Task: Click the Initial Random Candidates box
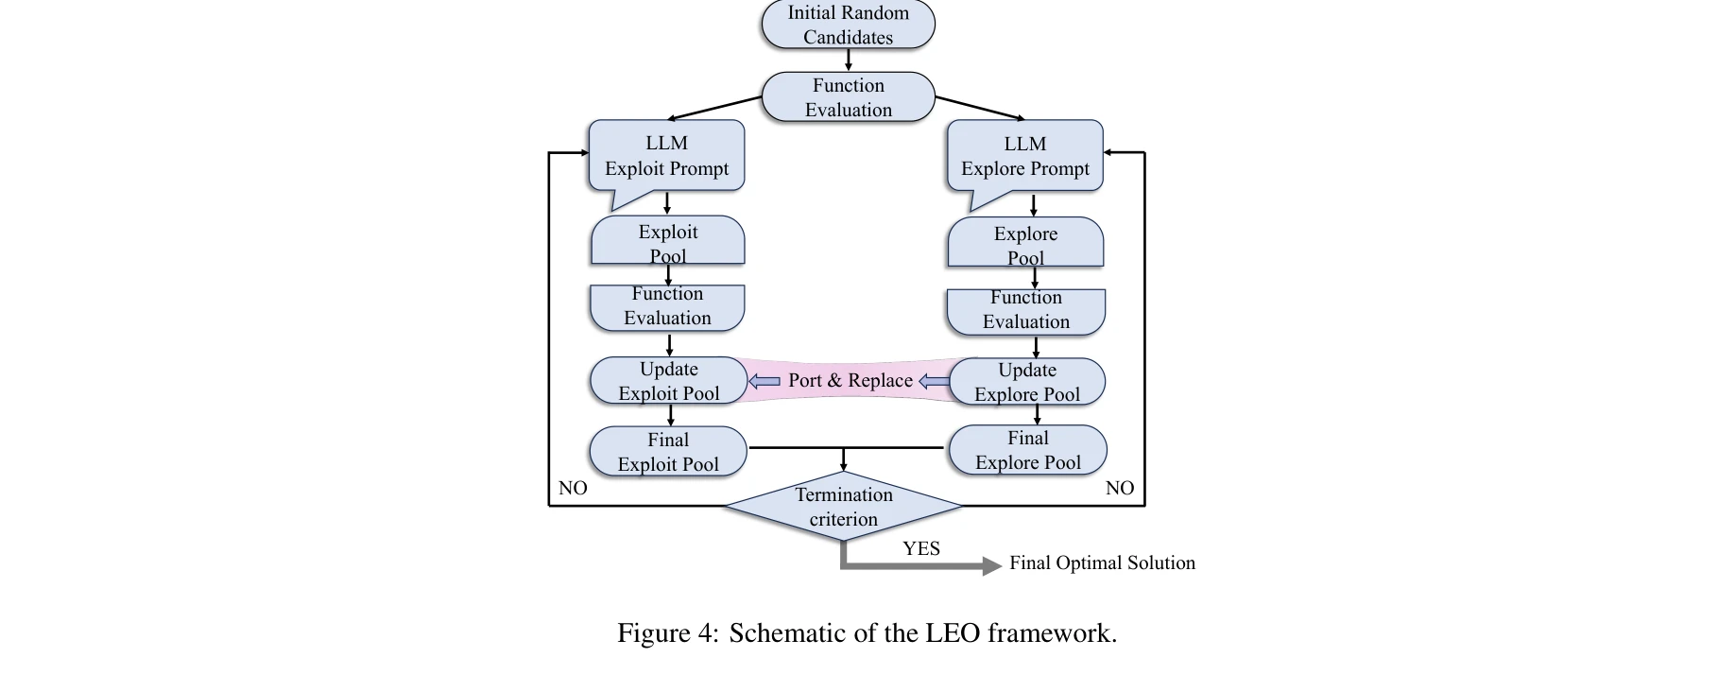tap(848, 25)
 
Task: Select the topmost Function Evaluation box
tap(848, 97)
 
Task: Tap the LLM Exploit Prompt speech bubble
tap(666, 156)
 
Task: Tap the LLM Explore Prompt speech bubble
tap(1025, 156)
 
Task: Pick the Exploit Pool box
tap(667, 242)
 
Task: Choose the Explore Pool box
tap(1025, 244)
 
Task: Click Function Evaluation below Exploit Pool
tap(667, 306)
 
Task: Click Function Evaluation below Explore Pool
tap(1025, 310)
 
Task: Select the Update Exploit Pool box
tap(668, 381)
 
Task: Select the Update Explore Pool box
tap(1027, 382)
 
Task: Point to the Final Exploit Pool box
tap(668, 452)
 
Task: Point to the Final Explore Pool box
tap(1027, 450)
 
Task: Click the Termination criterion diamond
tap(843, 507)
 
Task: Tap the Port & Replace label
tap(850, 380)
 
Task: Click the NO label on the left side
tap(573, 488)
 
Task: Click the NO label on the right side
tap(1119, 488)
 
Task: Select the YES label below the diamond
tap(920, 548)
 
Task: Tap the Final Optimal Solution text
tap(1102, 563)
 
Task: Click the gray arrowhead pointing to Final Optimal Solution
tap(991, 566)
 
